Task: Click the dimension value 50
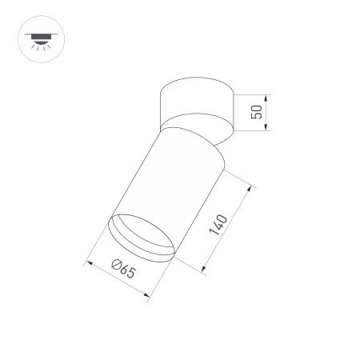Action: [257, 111]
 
